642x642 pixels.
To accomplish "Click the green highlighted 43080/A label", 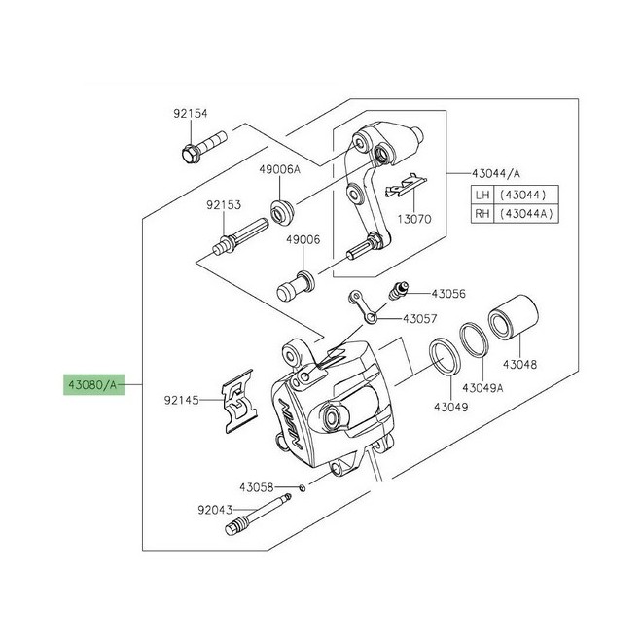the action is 93,384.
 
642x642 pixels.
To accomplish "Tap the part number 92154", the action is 191,114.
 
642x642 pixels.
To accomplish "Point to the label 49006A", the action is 279,169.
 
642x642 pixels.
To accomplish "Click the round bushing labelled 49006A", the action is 282,212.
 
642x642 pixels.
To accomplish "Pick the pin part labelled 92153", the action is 241,238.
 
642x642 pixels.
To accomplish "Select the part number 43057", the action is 420,318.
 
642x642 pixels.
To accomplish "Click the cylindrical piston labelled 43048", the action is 513,317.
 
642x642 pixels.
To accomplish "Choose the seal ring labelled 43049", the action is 445,356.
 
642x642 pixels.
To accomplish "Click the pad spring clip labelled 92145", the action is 239,401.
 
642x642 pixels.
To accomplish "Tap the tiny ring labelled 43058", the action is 303,487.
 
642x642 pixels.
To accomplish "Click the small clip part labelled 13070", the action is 406,185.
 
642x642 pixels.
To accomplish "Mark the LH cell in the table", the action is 482,195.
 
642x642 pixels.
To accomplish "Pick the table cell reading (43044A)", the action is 526,213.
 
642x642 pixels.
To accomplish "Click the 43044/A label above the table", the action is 496,173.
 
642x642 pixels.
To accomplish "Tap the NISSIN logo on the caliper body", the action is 290,422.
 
